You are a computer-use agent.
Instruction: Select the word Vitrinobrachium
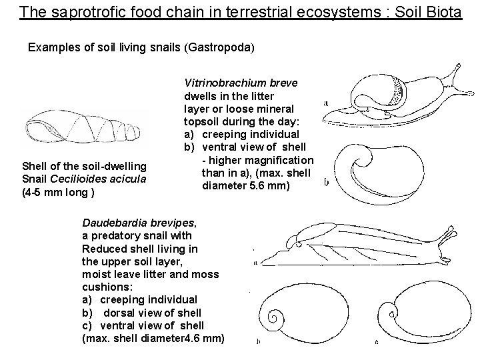pos(225,83)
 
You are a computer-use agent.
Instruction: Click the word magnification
pos(281,160)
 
